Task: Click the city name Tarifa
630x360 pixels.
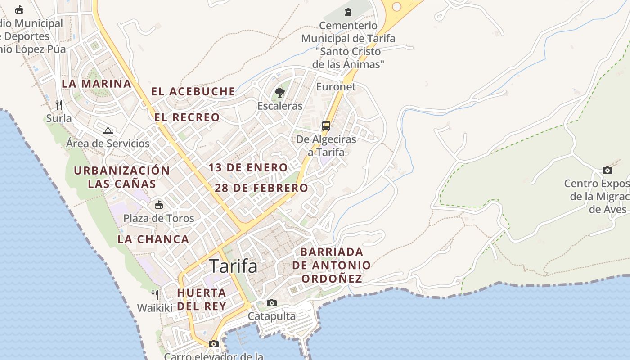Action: tap(234, 266)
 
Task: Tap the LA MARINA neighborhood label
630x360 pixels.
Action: tap(96, 84)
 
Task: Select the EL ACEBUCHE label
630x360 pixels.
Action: tap(193, 92)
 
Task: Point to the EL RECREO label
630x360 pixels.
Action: tap(187, 117)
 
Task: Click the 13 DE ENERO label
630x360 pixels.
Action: tap(248, 168)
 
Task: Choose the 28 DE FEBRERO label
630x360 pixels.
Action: tap(261, 188)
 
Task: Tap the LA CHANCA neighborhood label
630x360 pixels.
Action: tap(153, 239)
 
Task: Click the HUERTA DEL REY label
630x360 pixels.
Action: tap(202, 299)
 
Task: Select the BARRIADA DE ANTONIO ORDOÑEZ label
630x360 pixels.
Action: tap(332, 265)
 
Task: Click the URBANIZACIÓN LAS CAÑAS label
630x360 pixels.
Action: tap(122, 177)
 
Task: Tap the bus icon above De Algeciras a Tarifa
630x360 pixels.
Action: tap(326, 126)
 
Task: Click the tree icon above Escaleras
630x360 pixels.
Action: tap(280, 93)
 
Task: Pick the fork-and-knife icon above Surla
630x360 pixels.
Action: tap(59, 105)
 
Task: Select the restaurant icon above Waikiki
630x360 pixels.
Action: tap(155, 295)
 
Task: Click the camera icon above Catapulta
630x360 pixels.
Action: tap(272, 303)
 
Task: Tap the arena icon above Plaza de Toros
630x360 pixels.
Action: tap(159, 205)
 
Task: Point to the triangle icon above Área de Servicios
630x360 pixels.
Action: tap(108, 130)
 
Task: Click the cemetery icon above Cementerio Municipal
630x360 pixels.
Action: tap(348, 12)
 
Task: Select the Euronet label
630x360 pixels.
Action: tap(336, 87)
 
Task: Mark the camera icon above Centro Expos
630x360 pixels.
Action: tap(607, 170)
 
